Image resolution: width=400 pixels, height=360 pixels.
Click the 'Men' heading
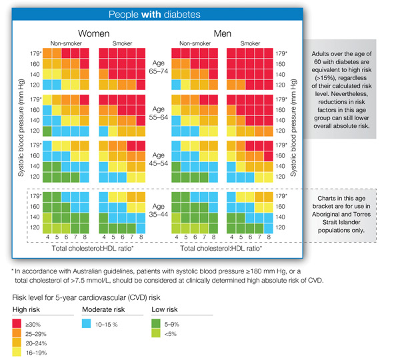[223, 33]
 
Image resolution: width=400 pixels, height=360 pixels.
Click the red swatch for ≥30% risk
[18, 323]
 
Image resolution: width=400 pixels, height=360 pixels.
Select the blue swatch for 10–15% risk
[87, 323]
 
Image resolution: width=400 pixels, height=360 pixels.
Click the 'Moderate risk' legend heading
[103, 310]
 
